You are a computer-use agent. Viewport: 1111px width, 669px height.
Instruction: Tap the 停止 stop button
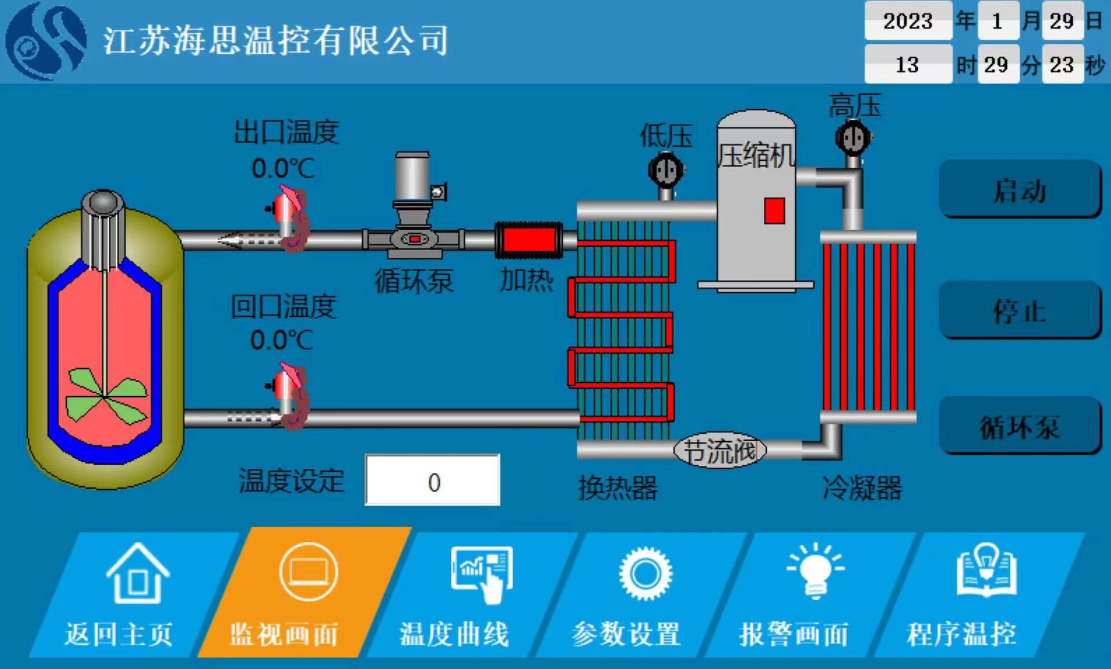(1020, 310)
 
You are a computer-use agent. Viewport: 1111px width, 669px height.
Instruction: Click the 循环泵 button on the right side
(1020, 426)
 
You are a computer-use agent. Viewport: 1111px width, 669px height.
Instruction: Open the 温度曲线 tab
(463, 596)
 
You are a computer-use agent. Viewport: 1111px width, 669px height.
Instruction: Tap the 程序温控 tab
(972, 596)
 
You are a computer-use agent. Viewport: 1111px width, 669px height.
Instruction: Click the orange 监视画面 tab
(301, 596)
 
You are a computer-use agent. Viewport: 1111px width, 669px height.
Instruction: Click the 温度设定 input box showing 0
(432, 481)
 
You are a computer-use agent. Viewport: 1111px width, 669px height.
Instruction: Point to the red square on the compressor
(774, 210)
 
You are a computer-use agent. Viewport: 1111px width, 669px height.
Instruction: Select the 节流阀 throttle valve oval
(720, 450)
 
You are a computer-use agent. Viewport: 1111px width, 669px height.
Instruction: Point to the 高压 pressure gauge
(853, 138)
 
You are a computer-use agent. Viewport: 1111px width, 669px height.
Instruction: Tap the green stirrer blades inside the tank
(104, 396)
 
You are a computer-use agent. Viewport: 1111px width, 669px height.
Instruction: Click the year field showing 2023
(908, 21)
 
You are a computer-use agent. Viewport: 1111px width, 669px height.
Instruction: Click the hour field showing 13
(908, 64)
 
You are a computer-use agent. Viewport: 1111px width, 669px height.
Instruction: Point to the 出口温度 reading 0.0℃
(283, 168)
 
